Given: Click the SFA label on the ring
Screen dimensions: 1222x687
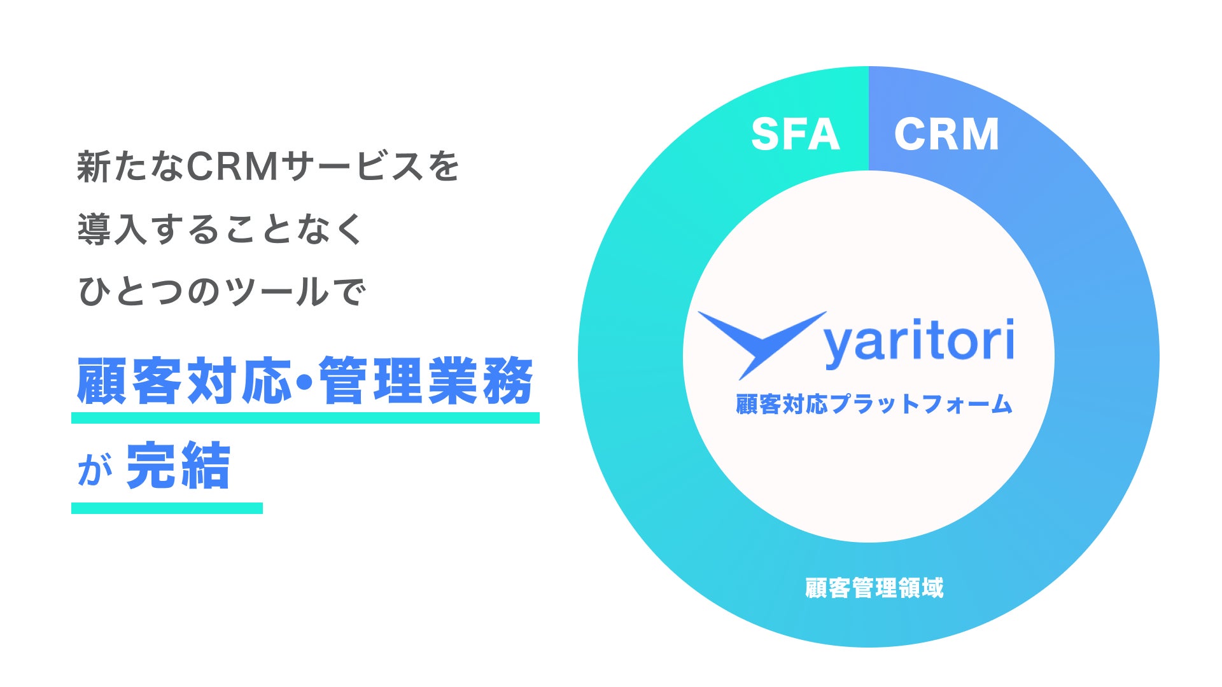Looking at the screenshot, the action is [x=795, y=134].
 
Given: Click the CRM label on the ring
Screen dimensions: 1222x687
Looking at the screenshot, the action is [x=946, y=134].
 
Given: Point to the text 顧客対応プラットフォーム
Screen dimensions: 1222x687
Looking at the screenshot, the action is [x=874, y=404].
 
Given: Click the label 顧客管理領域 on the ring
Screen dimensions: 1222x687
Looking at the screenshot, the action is [x=874, y=588].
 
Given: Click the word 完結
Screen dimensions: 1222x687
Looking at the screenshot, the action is [x=178, y=466].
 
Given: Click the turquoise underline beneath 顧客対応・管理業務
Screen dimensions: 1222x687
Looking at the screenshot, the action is [x=305, y=418].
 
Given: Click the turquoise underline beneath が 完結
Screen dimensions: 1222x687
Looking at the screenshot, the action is [x=167, y=508].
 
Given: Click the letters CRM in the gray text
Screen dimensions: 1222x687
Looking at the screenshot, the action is [x=232, y=167].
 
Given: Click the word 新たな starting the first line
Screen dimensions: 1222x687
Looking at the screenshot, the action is [x=130, y=167].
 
